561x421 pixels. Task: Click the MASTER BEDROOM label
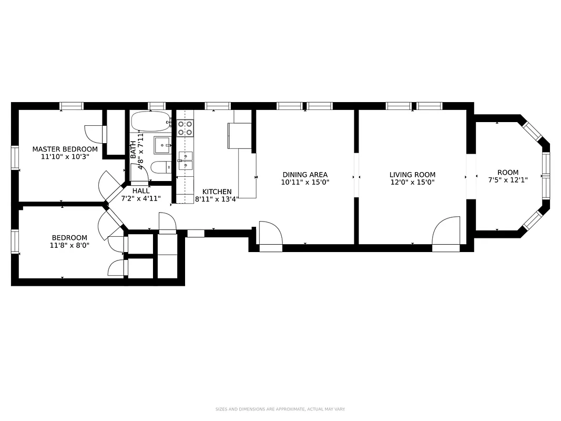coord(65,149)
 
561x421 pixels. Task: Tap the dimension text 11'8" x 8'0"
coord(69,245)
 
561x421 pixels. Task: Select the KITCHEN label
coord(217,192)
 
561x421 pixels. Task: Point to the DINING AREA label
coord(305,175)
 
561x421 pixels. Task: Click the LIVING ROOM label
coord(412,175)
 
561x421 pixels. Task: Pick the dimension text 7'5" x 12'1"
coord(508,180)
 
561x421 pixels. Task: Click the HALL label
coord(140,191)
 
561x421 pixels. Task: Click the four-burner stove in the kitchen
coord(185,128)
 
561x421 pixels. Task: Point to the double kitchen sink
coord(185,161)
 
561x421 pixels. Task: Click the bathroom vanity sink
coord(162,144)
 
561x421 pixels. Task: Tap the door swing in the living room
coord(446,231)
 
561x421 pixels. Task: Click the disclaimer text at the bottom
coord(280,409)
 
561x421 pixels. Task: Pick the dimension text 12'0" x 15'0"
coord(412,183)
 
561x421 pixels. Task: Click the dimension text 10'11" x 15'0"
coord(305,183)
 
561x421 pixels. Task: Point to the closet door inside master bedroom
coord(95,134)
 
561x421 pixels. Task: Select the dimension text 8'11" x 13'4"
coord(217,199)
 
